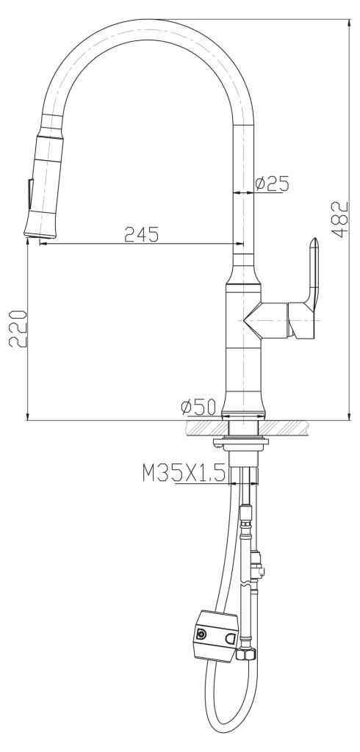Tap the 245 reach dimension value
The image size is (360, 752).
(x=142, y=234)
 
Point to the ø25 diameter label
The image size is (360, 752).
(x=272, y=184)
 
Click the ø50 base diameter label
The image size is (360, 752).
(x=196, y=406)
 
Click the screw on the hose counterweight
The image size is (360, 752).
(x=201, y=634)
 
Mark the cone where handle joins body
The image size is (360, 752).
(x=253, y=319)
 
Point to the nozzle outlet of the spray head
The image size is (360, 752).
(x=40, y=235)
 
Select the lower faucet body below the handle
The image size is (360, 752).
(x=242, y=375)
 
